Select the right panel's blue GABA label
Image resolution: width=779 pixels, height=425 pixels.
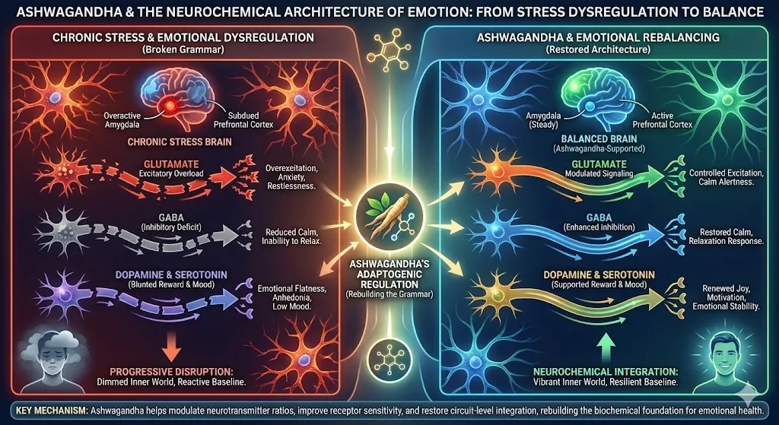pyautogui.click(x=591, y=216)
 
